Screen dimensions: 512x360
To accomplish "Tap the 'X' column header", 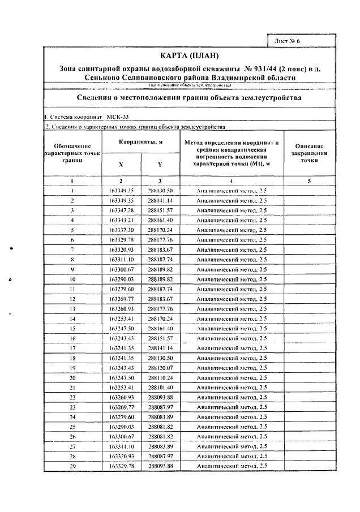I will click(x=121, y=165).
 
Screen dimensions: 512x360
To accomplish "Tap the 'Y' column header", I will click(x=160, y=165).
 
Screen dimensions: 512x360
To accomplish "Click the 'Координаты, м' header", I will click(x=140, y=141).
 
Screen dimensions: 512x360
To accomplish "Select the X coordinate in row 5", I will click(x=121, y=230).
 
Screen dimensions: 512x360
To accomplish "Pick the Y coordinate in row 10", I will click(x=160, y=279).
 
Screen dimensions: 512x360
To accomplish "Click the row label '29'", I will click(x=72, y=465).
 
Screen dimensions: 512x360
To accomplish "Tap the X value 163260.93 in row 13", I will click(x=121, y=308).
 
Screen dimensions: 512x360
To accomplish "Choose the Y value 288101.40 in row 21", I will click(x=160, y=387).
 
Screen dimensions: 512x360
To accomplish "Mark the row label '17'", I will click(x=72, y=348).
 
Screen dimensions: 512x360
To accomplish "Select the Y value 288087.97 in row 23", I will click(x=160, y=407).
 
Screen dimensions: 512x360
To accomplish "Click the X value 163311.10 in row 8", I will click(x=121, y=260).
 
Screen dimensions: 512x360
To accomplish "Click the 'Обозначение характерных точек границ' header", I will click(x=72, y=153).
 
